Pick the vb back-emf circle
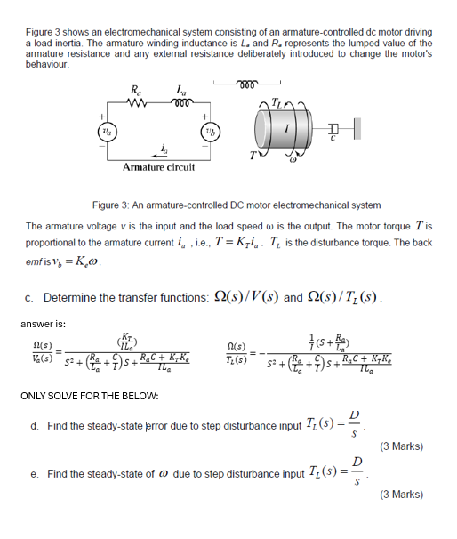208,129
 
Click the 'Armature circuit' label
159,167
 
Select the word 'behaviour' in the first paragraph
47,64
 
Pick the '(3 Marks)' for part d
404,446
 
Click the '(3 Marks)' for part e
404,494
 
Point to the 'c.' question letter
31,296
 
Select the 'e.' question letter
33,474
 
